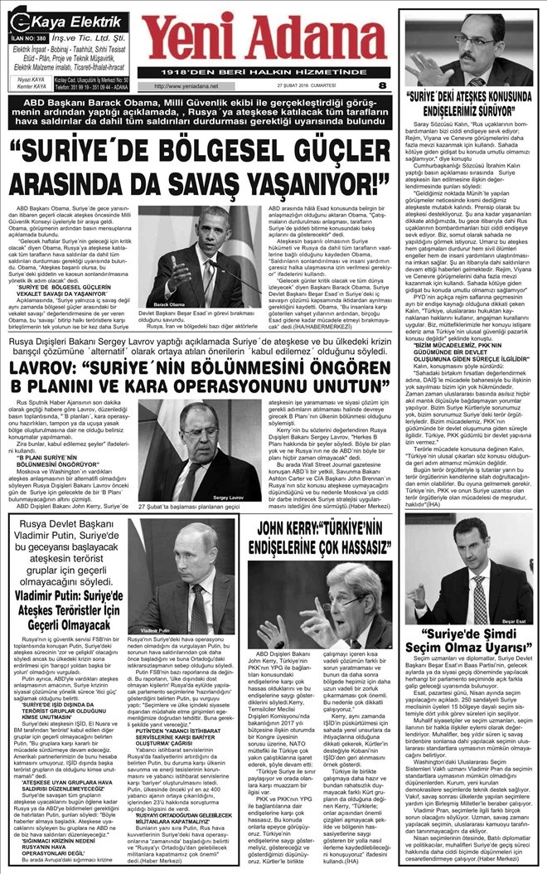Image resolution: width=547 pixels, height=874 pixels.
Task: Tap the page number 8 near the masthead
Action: [x=381, y=85]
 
